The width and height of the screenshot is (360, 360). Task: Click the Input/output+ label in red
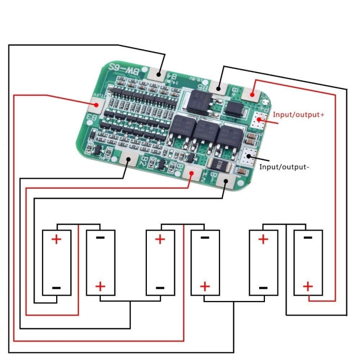pyautogui.click(x=299, y=115)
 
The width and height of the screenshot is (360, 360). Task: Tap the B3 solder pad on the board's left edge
pyautogui.click(x=96, y=105)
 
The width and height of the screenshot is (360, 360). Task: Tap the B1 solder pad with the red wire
pyautogui.click(x=193, y=173)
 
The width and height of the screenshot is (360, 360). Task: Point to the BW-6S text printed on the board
pyautogui.click(x=124, y=69)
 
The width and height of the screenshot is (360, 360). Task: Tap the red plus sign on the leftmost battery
pyautogui.click(x=57, y=239)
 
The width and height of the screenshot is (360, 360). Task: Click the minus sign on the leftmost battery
pyautogui.click(x=57, y=288)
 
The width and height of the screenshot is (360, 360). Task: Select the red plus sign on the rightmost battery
pyautogui.click(x=308, y=287)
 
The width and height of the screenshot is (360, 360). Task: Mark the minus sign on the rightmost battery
pyautogui.click(x=308, y=237)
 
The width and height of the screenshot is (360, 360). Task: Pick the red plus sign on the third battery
pyautogui.click(x=160, y=239)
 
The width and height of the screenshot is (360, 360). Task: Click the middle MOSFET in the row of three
pyautogui.click(x=203, y=132)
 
